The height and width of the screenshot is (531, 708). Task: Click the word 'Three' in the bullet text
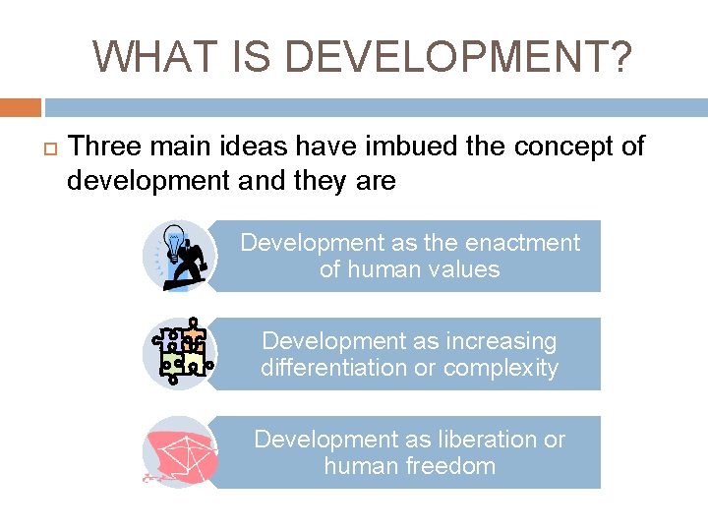coord(103,147)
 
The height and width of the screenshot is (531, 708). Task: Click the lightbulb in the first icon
coord(175,240)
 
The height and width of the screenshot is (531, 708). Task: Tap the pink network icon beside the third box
coord(178,452)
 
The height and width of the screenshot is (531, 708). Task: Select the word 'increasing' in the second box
coord(501,341)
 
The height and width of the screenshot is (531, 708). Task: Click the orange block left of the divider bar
coord(20,106)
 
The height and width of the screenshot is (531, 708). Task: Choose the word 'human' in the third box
coord(360,466)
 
